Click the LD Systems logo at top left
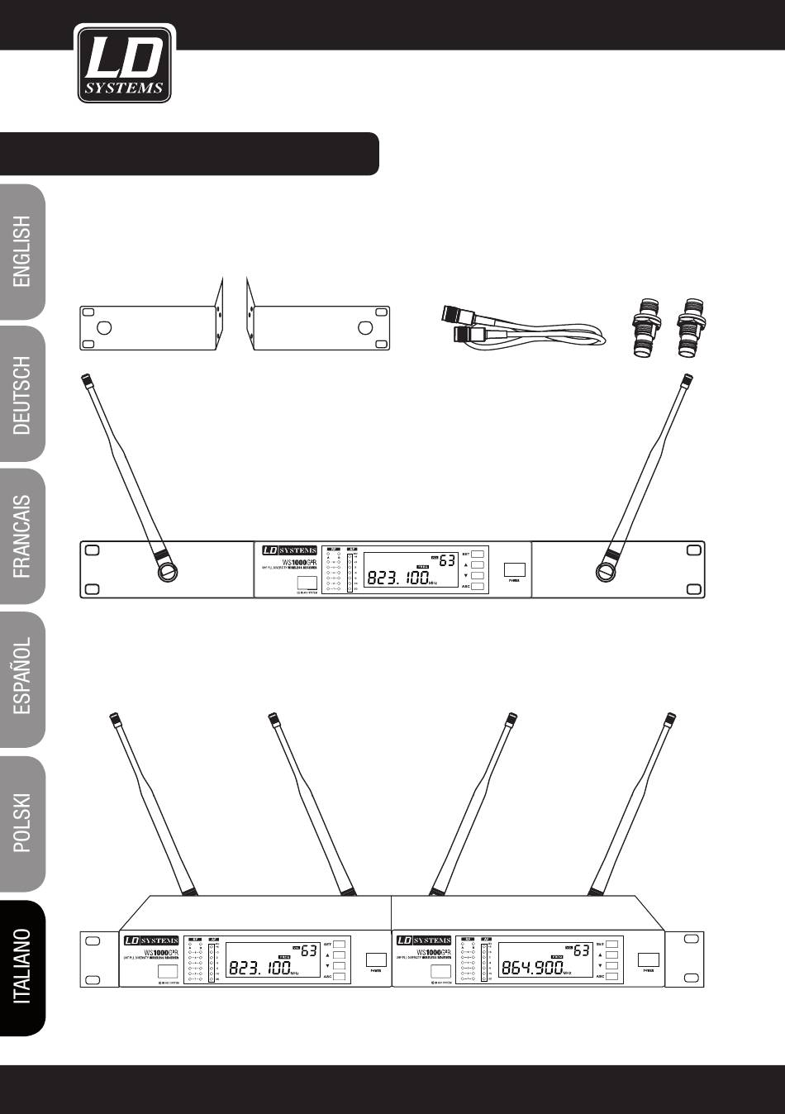(x=125, y=64)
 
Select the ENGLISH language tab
(x=23, y=251)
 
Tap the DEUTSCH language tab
(x=23, y=394)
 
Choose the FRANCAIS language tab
(x=23, y=536)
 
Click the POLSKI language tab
(x=23, y=822)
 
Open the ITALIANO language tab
(x=23, y=966)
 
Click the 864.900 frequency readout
(x=534, y=968)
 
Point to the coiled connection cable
(x=520, y=331)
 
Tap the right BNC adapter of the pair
(x=687, y=332)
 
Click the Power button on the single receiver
(x=515, y=569)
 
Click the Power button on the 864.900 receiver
(x=648, y=960)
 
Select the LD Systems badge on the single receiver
(x=289, y=550)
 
